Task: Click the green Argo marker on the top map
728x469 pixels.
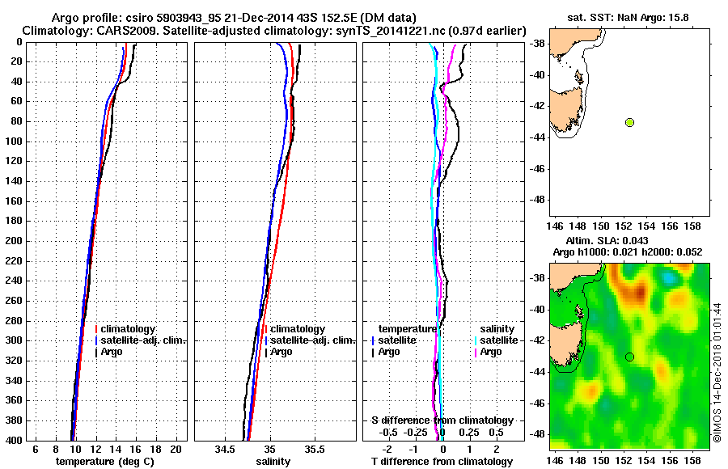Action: pyautogui.click(x=629, y=122)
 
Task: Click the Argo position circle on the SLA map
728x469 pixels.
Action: pyautogui.click(x=629, y=357)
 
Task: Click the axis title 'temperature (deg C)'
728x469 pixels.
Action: pyautogui.click(x=104, y=462)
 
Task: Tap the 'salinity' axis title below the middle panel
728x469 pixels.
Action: pyautogui.click(x=273, y=462)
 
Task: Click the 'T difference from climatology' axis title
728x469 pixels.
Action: pyautogui.click(x=442, y=462)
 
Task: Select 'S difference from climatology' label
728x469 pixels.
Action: pyautogui.click(x=442, y=420)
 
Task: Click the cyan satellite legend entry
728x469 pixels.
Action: pyautogui.click(x=495, y=340)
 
